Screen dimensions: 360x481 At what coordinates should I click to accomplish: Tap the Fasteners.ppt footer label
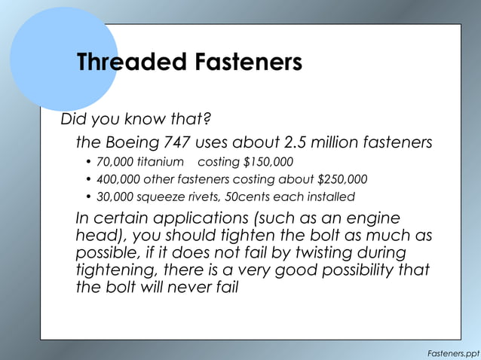pos(452,351)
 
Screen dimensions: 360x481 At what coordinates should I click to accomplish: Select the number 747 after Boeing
pos(176,142)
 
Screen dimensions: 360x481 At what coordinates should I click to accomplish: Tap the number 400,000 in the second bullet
pos(118,179)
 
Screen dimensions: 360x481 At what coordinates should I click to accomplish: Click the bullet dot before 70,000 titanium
pos(88,163)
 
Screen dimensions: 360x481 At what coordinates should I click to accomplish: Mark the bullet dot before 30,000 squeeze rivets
pos(88,197)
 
